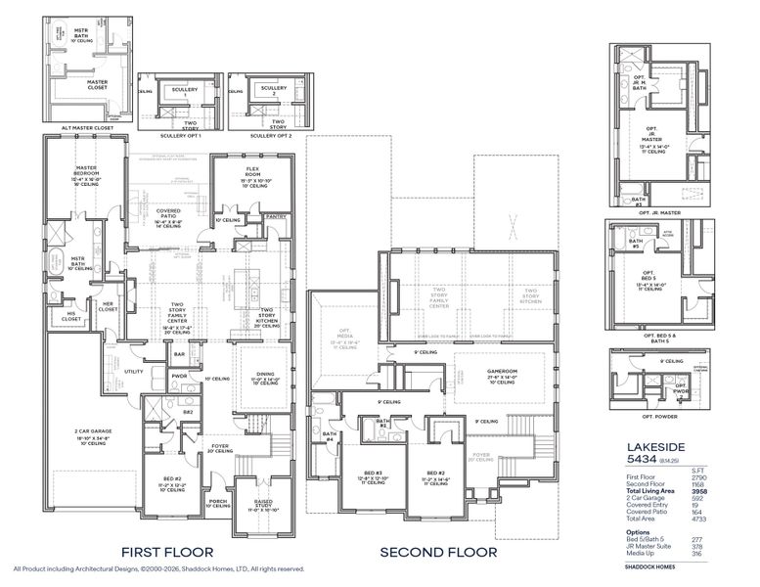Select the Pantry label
click(x=275, y=216)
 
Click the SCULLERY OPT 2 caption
click(x=263, y=135)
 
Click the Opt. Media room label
click(x=344, y=332)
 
